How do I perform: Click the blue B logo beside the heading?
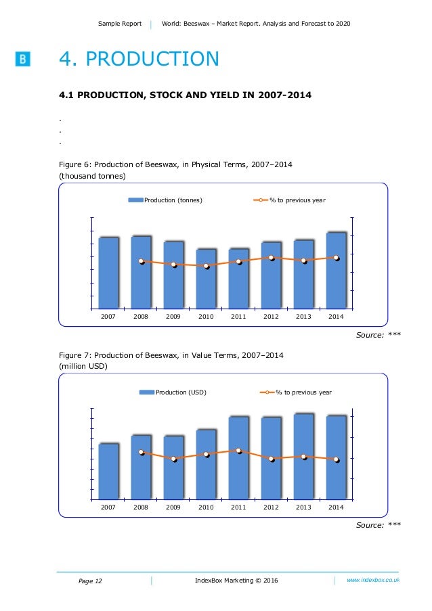pyautogui.click(x=22, y=60)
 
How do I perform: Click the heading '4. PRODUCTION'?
pyautogui.click(x=139, y=60)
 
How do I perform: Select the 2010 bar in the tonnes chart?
pyautogui.click(x=206, y=279)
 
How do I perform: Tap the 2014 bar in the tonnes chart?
pyautogui.click(x=337, y=271)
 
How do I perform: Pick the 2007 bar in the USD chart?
pyautogui.click(x=108, y=472)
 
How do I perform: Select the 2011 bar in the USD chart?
pyautogui.click(x=238, y=458)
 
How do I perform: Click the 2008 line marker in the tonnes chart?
pyautogui.click(x=142, y=261)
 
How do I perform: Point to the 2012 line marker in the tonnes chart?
pyautogui.click(x=272, y=258)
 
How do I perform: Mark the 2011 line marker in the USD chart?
pyautogui.click(x=239, y=451)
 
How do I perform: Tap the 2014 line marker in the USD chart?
pyautogui.click(x=337, y=459)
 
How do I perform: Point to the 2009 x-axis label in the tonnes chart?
pyautogui.click(x=173, y=317)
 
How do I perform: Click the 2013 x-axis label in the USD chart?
pyautogui.click(x=303, y=507)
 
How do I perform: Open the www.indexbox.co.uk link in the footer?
pyautogui.click(x=373, y=580)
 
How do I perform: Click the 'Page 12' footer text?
pyautogui.click(x=91, y=581)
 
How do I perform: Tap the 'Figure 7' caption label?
pyautogui.click(x=74, y=355)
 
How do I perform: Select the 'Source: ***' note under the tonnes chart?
pyautogui.click(x=378, y=334)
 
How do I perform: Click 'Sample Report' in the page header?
pyautogui.click(x=120, y=24)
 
